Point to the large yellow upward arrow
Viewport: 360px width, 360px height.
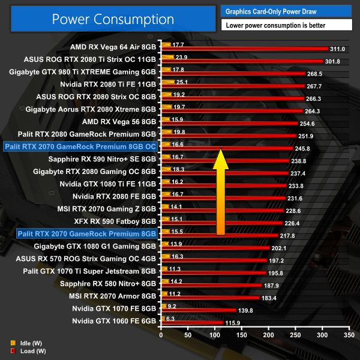tap(220, 193)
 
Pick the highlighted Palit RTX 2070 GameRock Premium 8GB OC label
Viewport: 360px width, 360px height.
tap(80, 145)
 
